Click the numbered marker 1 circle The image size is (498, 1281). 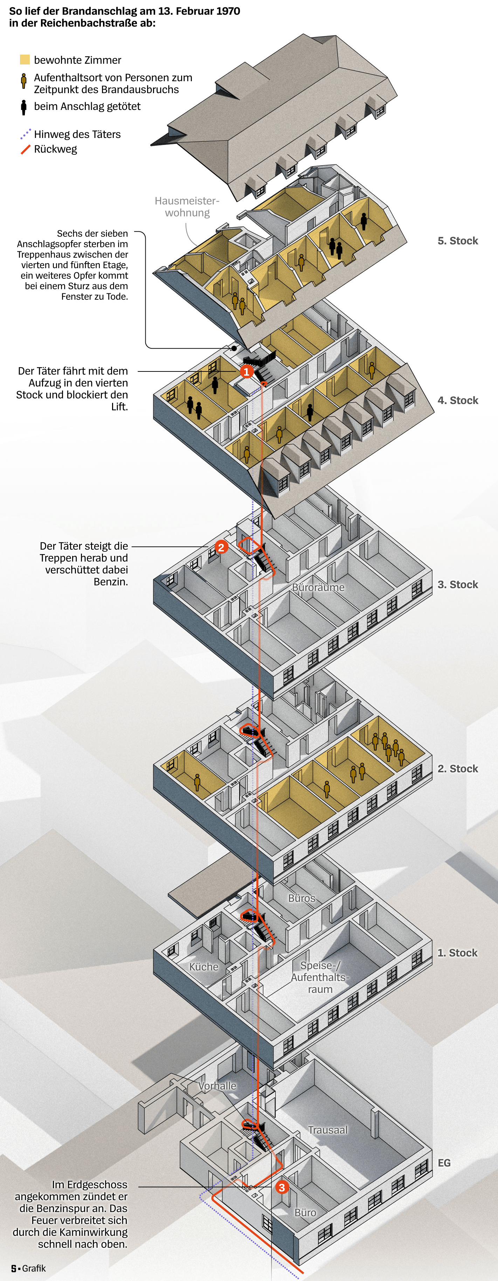pos(246,371)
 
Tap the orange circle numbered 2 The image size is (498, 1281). pos(221,547)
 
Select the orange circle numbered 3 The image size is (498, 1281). pos(282,1187)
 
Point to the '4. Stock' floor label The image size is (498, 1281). pos(458,400)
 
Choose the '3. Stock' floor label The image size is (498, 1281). pos(458,584)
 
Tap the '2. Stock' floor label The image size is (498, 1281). pos(458,768)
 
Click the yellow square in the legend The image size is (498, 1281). pos(25,60)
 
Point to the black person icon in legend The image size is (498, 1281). pos(23,107)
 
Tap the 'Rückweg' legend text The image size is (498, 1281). pos(55,149)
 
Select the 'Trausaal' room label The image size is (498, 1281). pos(327,1130)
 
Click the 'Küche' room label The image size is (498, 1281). pos(204,967)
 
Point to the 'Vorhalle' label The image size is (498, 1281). pos(217,1086)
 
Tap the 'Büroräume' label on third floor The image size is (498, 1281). pos(318,587)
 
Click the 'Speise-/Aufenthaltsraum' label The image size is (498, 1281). pos(320,977)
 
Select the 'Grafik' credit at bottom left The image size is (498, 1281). pos(34,1268)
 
